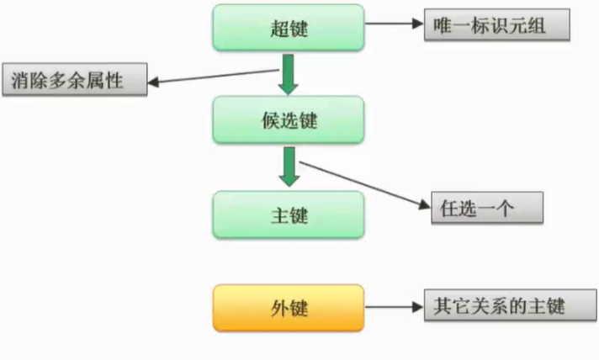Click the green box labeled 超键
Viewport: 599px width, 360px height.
click(288, 28)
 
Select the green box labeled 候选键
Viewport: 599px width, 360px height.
click(288, 119)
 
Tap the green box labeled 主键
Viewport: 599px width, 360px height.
click(288, 214)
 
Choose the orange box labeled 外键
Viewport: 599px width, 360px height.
click(288, 308)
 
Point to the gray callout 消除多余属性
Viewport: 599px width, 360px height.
click(74, 81)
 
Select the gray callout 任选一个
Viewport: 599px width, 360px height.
click(486, 208)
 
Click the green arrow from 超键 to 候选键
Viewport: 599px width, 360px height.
click(288, 75)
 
